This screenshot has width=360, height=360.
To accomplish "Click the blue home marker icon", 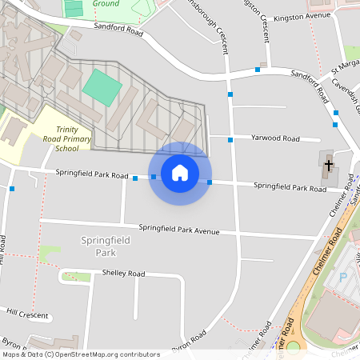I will tap(180, 172).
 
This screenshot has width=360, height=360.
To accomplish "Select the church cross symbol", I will tap(328, 166).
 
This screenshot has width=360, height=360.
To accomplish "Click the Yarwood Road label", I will tap(274, 138).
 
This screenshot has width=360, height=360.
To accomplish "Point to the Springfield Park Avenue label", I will tap(178, 229).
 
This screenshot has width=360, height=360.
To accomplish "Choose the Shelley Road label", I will tap(123, 274).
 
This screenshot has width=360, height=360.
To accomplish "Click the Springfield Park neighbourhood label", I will tap(99, 246).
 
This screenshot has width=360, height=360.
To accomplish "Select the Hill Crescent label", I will tap(27, 313).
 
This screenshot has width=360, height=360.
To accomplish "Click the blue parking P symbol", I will tap(343, 278).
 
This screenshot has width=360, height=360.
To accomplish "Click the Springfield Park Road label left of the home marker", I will tap(92, 174).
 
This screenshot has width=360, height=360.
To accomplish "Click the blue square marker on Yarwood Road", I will tap(230, 140).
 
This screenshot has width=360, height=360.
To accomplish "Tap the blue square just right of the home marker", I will tap(210, 182).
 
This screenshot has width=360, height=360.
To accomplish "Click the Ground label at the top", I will tap(106, 4).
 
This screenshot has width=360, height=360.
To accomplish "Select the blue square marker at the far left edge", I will tap(13, 189).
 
